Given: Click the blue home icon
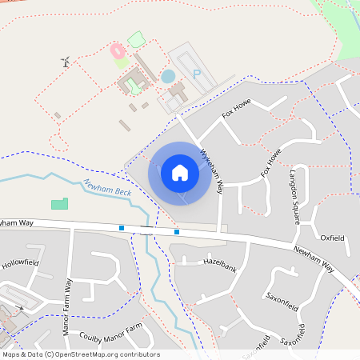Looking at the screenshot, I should point(180,172).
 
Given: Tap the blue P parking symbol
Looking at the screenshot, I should point(196,74).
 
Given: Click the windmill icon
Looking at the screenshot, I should point(66,62).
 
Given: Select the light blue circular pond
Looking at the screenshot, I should point(168,77).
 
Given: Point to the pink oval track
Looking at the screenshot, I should point(117,51).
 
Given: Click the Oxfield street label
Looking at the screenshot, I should point(331,238).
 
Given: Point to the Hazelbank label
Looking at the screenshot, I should point(221,262).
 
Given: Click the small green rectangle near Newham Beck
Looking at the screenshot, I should point(60,204).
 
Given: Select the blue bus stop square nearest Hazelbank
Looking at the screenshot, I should point(177,232).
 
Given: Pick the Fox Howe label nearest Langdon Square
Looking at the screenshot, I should point(271,163).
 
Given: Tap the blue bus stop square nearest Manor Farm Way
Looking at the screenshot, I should point(122,228).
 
